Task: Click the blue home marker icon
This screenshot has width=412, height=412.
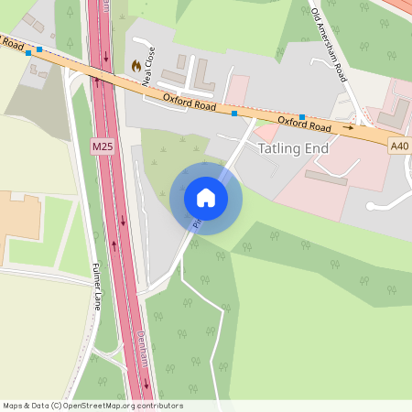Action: tap(206, 198)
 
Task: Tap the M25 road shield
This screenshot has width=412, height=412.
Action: tap(103, 146)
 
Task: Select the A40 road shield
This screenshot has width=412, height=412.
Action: tap(399, 146)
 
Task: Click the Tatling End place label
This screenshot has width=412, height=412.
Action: tap(293, 147)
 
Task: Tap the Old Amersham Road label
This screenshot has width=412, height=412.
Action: tap(330, 46)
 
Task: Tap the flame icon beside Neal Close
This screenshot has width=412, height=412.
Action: tap(136, 66)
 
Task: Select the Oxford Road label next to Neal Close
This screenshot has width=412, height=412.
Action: tap(190, 106)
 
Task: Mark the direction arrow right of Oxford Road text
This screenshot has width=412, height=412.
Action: tap(348, 129)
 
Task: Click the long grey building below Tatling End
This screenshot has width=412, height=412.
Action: tap(326, 177)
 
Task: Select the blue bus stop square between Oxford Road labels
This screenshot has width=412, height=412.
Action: tap(234, 114)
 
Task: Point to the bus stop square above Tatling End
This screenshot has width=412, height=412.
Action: tap(301, 117)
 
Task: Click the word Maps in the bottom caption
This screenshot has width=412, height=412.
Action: tap(13, 406)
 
